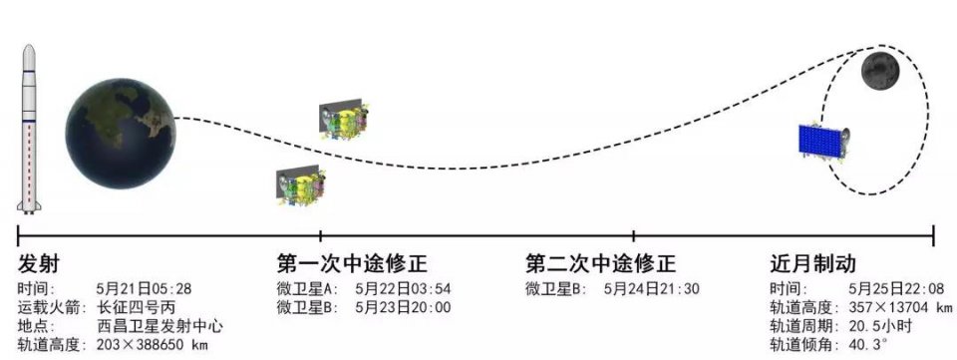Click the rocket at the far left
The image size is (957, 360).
29,130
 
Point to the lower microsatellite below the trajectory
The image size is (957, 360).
300,184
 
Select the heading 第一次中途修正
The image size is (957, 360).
352,264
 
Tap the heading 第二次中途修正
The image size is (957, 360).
601,264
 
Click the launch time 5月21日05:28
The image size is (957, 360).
144,289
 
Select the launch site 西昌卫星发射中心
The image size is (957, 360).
159,326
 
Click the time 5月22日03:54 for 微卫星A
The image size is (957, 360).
403,289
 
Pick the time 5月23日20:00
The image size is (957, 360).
403,307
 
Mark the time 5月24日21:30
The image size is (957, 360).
652,289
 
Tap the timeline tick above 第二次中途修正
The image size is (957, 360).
634,236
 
